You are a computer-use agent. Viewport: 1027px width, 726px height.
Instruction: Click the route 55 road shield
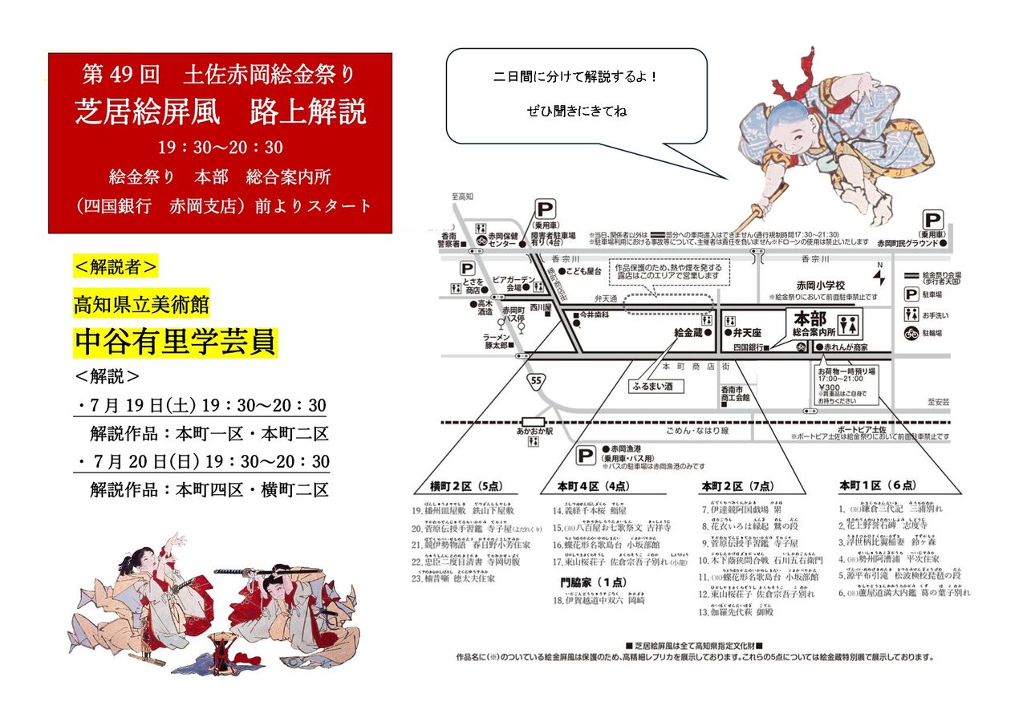(x=535, y=380)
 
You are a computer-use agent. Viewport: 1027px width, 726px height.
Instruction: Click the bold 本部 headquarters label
(x=810, y=318)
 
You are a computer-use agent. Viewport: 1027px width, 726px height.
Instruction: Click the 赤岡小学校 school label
(x=819, y=286)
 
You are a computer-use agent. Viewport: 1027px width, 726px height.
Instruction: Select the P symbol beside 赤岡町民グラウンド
(x=934, y=220)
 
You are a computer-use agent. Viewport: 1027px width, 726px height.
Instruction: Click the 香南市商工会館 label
(x=735, y=393)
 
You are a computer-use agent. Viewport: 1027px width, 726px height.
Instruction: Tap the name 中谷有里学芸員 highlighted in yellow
(x=175, y=342)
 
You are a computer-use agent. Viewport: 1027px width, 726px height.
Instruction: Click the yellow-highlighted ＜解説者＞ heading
(x=116, y=266)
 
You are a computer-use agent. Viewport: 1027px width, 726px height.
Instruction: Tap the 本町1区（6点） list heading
(x=876, y=486)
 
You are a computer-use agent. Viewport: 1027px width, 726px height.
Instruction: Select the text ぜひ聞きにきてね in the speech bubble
(x=576, y=111)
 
